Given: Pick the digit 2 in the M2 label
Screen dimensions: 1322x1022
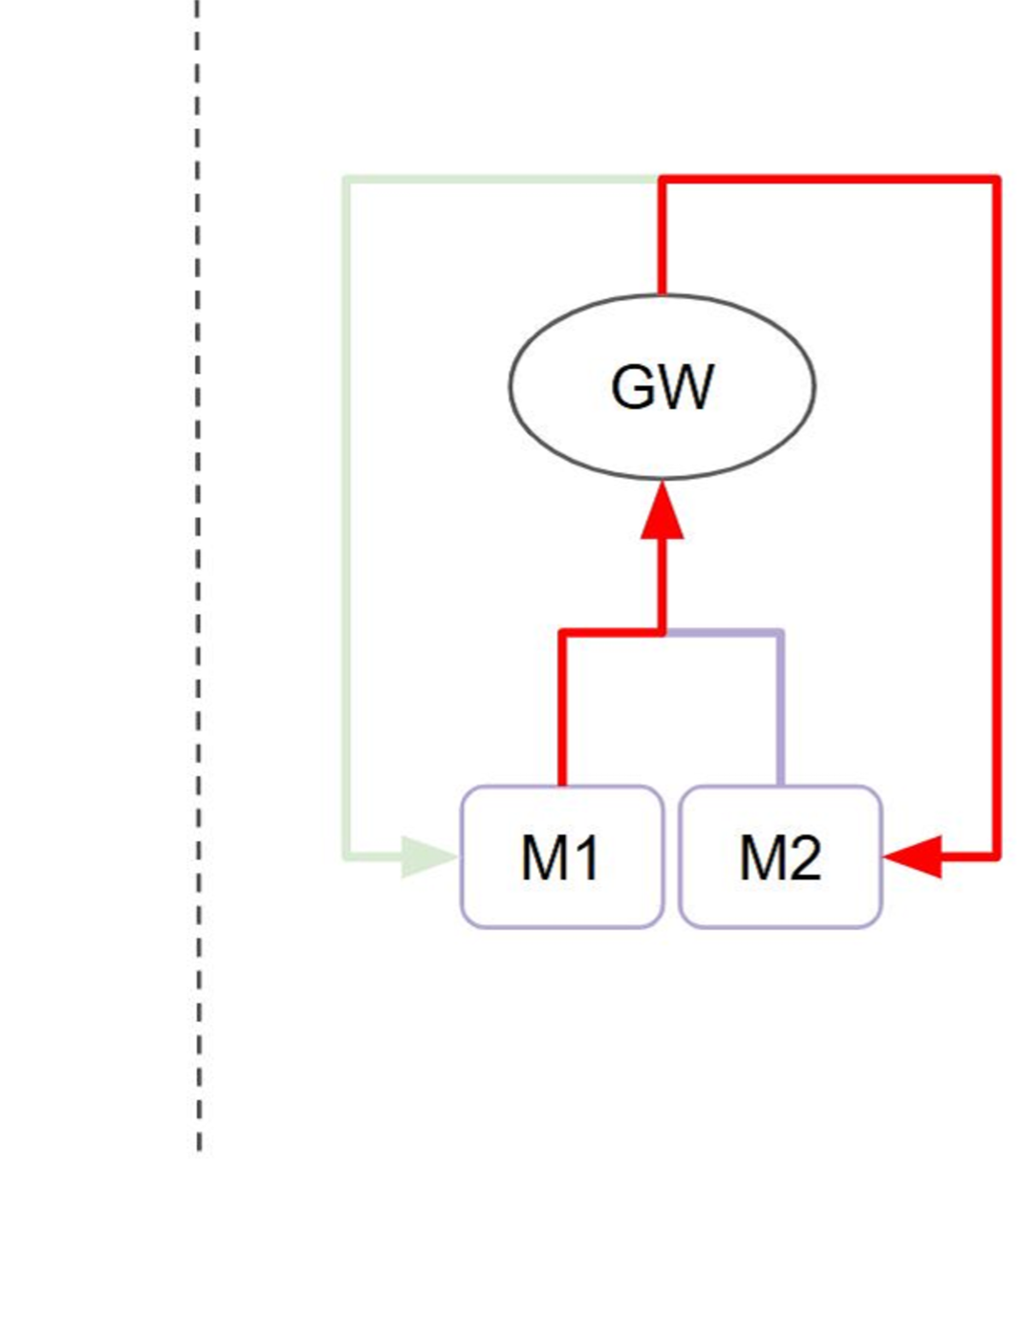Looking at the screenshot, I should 803,857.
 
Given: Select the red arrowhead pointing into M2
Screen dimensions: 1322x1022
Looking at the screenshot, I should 913,856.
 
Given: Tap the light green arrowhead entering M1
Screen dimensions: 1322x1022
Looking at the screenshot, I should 428,856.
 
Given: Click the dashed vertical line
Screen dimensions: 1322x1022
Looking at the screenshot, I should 199,574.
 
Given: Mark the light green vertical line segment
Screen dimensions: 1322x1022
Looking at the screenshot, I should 346,516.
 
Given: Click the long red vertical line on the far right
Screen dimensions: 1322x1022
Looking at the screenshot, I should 997,516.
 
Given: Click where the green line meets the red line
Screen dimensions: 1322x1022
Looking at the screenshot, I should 660,179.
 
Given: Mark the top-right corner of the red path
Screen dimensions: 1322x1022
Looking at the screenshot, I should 997,179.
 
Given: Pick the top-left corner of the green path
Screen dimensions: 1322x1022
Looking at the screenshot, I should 346,179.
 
